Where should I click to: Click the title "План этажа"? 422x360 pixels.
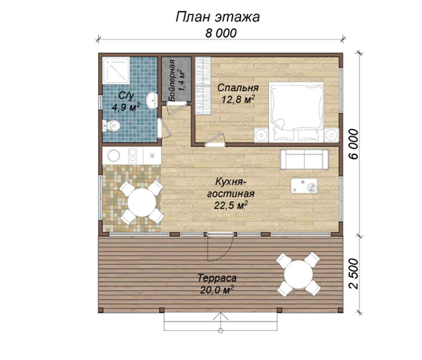point(218,17)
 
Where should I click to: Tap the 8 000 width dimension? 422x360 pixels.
point(221,33)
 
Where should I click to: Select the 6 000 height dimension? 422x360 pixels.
point(354,144)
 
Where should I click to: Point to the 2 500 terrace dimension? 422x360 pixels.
point(354,274)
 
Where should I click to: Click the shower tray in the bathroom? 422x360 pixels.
point(116,71)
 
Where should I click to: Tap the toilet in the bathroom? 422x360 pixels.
point(111,126)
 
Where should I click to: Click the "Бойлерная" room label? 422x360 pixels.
point(172,80)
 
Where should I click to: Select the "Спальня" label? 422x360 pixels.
point(238,88)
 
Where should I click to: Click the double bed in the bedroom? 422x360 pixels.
point(296,111)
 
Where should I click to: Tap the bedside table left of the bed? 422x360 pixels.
point(261,134)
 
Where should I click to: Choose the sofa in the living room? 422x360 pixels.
point(304,160)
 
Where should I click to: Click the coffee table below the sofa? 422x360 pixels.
point(304,186)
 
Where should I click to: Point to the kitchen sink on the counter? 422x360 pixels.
point(114,155)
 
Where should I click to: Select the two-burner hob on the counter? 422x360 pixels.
point(132,156)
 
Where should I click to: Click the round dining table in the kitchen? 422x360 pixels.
point(142,203)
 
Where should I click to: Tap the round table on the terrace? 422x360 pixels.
point(299,274)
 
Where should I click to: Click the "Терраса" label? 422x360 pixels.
point(217,278)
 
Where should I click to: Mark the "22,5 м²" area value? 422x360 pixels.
point(231,206)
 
